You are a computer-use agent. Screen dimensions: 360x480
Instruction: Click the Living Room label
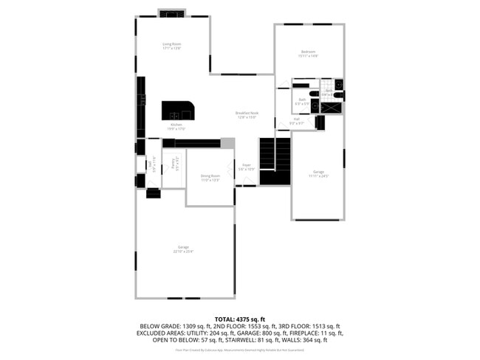172,45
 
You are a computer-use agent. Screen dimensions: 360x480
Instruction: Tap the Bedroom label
308,52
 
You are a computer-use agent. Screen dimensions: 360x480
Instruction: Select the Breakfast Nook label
246,113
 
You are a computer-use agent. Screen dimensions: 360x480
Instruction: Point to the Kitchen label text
176,125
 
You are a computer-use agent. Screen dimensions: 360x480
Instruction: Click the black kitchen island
178,111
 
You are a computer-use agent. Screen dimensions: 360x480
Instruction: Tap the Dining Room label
210,176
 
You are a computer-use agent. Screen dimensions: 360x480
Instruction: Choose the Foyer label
247,165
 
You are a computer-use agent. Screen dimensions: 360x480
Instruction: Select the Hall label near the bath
296,119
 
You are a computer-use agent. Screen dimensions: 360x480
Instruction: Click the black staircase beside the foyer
275,161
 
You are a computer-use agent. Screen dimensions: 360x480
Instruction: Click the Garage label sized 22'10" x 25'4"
183,247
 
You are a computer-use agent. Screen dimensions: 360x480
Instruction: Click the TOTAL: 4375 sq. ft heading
240,318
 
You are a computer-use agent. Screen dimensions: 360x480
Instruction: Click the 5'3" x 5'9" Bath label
303,100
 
